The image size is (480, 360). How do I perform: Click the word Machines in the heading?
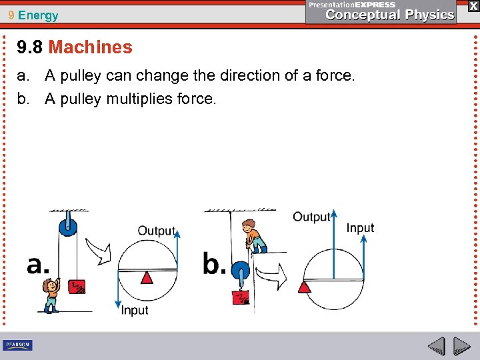(91, 47)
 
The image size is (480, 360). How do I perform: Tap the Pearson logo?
(17, 345)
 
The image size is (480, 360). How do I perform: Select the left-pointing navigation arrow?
(436, 346)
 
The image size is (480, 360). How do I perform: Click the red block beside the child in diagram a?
(77, 287)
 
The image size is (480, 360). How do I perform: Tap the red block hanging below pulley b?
(240, 297)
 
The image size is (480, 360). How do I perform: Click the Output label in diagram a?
(156, 231)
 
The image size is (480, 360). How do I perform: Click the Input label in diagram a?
(135, 311)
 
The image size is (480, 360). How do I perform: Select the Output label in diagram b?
(311, 217)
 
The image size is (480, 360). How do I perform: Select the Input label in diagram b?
(360, 228)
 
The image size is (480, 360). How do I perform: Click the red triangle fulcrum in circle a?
(147, 276)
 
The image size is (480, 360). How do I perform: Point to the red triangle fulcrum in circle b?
(305, 287)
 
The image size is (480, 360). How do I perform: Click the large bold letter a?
(38, 265)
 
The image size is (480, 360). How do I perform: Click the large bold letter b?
(214, 264)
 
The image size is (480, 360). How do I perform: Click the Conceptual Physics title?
(390, 15)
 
